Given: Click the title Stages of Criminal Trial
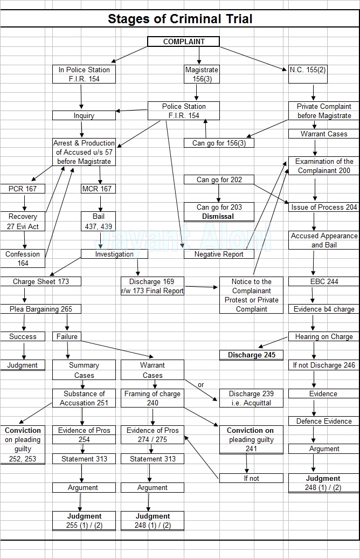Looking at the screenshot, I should tap(180, 19).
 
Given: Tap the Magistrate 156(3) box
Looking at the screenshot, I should tap(202, 74).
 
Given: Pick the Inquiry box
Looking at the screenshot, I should tap(84, 115).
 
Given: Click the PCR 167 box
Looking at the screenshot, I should tap(23, 189).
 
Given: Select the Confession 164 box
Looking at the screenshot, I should tap(23, 258).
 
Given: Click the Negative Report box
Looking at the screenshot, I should tap(219, 254).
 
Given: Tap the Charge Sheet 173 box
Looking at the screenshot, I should tap(41, 281).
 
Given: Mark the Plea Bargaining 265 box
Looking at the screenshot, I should tap(41, 309).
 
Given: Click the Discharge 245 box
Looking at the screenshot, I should tap(251, 355).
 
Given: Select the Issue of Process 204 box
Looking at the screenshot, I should tap(324, 207).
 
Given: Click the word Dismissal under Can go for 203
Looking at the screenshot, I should tap(218, 216).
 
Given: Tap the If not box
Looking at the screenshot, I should tap(251, 478).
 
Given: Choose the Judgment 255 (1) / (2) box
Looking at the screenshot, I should tap(84, 521).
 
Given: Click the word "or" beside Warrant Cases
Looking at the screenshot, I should tap(201, 385).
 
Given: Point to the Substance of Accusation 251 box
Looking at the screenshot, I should tap(84, 398).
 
